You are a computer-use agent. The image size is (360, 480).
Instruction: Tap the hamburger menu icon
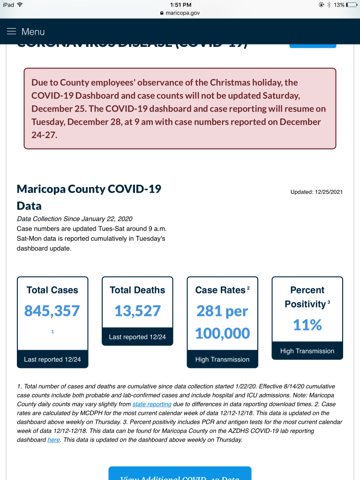pyautogui.click(x=11, y=31)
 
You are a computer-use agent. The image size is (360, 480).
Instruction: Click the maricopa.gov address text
pyautogui.click(x=182, y=13)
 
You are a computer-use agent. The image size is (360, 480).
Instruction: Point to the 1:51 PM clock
pyautogui.click(x=180, y=5)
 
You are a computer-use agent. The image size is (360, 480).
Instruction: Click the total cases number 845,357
pyautogui.click(x=52, y=311)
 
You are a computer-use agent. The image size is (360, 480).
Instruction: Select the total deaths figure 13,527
pyautogui.click(x=137, y=311)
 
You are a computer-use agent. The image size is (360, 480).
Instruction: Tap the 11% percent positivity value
pyautogui.click(x=307, y=325)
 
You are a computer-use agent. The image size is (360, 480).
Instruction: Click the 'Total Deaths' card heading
pyautogui.click(x=137, y=290)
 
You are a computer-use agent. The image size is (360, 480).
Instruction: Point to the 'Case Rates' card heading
pyautogui.click(x=220, y=290)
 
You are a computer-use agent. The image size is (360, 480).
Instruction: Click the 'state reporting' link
pyautogui.click(x=152, y=404)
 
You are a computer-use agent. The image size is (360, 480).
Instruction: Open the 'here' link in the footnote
pyautogui.click(x=53, y=440)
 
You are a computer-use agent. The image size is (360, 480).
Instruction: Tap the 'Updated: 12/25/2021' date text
pyautogui.click(x=316, y=192)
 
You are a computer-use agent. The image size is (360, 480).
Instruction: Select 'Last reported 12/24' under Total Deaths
pyautogui.click(x=137, y=337)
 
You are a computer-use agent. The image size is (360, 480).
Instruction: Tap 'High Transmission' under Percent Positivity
pyautogui.click(x=307, y=351)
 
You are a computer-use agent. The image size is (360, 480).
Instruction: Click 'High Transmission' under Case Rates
pyautogui.click(x=222, y=360)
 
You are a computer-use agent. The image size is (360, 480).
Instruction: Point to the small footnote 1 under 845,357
pyautogui.click(x=52, y=332)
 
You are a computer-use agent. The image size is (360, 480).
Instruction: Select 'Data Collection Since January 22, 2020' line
pyautogui.click(x=75, y=219)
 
